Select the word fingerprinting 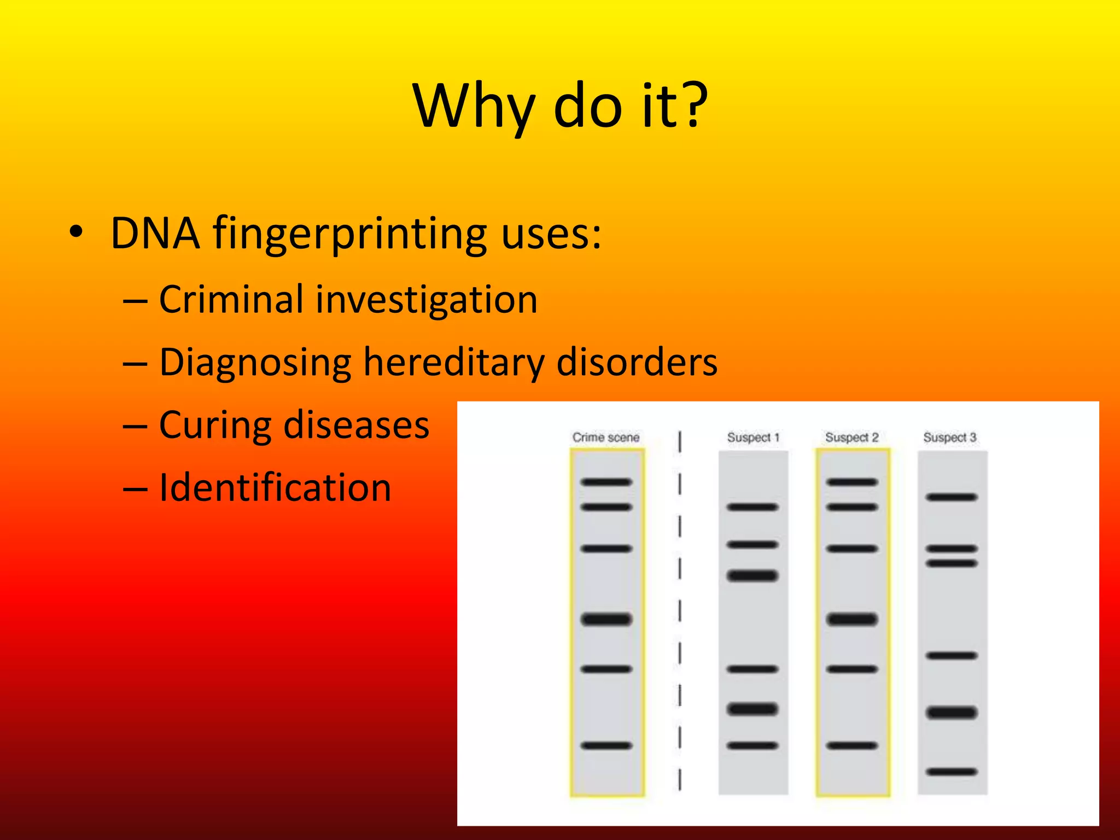pos(349,234)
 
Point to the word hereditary pos(453,363)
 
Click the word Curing pos(214,425)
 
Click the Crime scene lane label pos(605,437)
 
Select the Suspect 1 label pos(752,437)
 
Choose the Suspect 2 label pos(851,437)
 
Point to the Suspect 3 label pos(950,437)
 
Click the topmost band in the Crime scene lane pos(606,482)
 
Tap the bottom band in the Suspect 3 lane pos(952,772)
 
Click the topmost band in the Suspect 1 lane pos(752,507)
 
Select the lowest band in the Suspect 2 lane pos(851,745)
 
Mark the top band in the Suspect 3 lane pos(952,497)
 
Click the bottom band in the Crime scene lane pos(606,745)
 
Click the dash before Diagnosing pos(135,364)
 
